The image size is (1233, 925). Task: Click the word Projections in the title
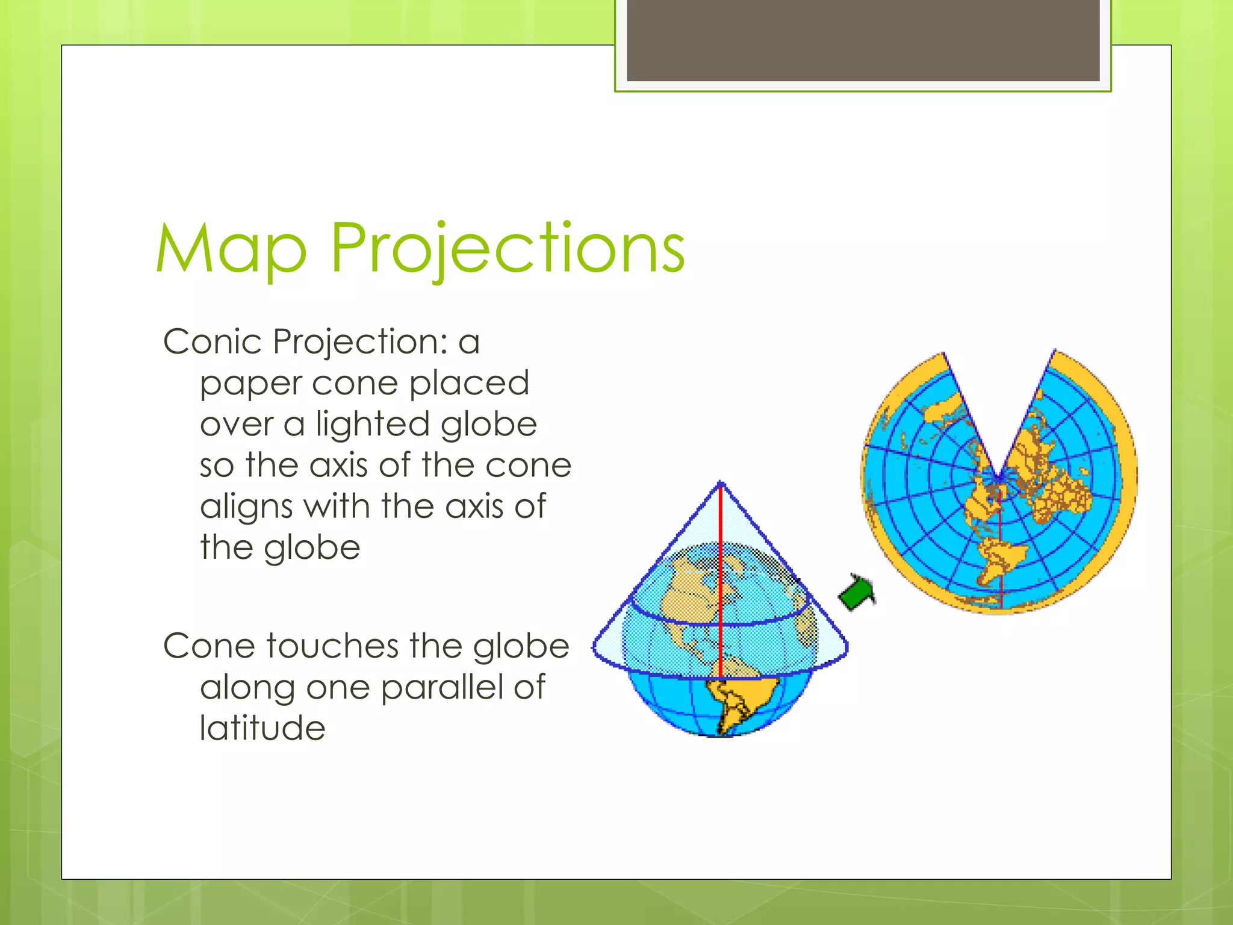(x=507, y=249)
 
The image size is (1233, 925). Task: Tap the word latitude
(x=262, y=728)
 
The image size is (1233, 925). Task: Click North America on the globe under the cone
(x=692, y=596)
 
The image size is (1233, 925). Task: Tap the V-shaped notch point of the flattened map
(x=998, y=479)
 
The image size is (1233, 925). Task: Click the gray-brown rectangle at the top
(x=863, y=40)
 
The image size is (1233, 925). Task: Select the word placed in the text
(x=469, y=384)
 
